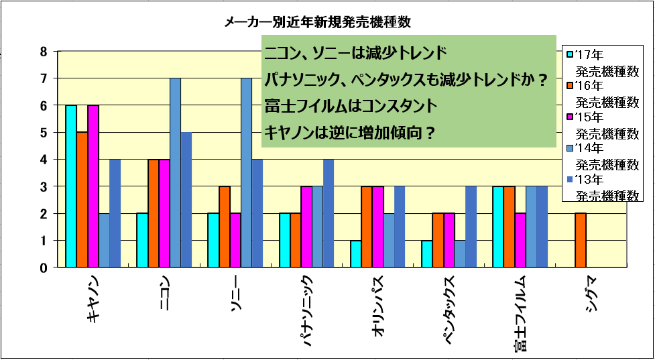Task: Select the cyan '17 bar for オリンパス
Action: pyautogui.click(x=356, y=254)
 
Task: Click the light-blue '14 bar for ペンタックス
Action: pyautogui.click(x=460, y=254)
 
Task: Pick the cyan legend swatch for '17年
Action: pyautogui.click(x=569, y=54)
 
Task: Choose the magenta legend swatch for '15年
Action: pyautogui.click(x=569, y=116)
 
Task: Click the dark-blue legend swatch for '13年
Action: pyautogui.click(x=569, y=179)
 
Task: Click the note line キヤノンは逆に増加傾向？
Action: pyautogui.click(x=351, y=133)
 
